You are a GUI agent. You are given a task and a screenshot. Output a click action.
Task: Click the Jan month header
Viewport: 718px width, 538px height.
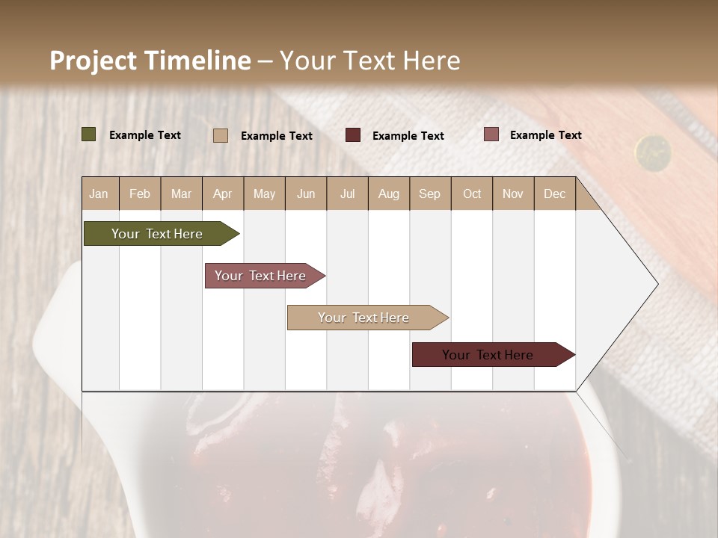coord(99,194)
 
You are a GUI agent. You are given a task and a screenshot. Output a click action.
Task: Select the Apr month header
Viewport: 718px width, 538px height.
coord(223,194)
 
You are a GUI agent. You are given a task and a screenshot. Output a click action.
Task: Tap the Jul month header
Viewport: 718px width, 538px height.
coord(348,194)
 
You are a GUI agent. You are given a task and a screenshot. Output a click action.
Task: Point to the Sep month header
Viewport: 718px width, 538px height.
coord(429,194)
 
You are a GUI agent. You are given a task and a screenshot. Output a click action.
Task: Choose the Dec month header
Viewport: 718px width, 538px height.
coord(554,194)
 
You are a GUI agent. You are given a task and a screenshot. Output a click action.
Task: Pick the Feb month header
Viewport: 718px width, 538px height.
coord(140,194)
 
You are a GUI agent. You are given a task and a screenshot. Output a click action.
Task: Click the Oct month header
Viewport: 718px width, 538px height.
coord(472,194)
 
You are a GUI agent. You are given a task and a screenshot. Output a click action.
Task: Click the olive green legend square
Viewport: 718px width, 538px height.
coord(89,134)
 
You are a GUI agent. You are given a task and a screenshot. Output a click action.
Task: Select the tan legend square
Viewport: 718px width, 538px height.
coord(221,135)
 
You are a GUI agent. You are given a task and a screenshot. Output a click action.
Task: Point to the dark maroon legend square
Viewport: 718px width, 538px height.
coord(353,135)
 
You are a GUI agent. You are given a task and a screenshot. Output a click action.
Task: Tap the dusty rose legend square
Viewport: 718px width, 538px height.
coord(491,134)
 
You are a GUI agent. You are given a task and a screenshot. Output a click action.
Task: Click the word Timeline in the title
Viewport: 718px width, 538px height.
coord(197,61)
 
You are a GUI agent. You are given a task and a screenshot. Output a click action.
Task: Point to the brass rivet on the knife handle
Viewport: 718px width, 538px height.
coord(653,152)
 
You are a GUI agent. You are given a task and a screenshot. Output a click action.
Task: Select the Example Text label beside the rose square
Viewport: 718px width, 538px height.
coord(545,135)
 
